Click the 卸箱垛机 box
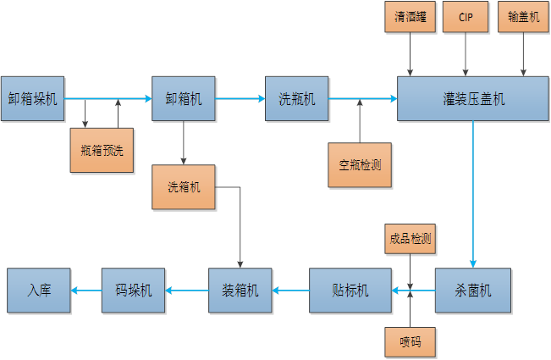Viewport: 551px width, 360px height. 33,99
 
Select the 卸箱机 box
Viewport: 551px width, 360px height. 184,99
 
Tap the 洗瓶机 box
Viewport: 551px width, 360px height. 297,99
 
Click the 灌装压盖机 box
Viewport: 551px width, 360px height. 473,99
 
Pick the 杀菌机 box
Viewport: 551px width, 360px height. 474,291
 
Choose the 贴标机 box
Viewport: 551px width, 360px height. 350,291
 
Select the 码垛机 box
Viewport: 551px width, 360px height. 134,291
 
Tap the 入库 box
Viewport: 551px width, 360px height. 39,291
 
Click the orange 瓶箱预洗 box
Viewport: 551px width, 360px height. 102,151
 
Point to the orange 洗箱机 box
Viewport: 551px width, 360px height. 184,187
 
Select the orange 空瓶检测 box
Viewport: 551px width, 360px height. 360,164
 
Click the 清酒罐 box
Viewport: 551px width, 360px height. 411,17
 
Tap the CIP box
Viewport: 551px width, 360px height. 466,17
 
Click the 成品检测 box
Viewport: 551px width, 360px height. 410,239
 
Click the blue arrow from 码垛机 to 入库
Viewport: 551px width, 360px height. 86,291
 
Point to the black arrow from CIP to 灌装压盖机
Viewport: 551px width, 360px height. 465,54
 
